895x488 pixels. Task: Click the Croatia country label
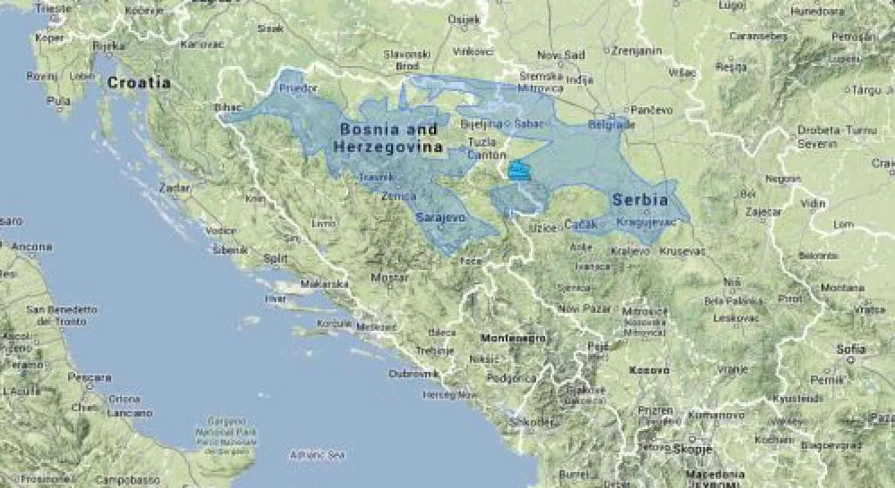[139, 83]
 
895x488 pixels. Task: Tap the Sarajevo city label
[440, 218]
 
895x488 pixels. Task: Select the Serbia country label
[640, 200]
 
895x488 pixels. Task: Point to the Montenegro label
[513, 338]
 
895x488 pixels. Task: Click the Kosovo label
[649, 370]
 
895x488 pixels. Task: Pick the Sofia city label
[851, 350]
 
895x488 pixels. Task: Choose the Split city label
[275, 259]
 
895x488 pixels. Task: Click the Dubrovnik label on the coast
[413, 373]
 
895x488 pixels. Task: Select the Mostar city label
[390, 278]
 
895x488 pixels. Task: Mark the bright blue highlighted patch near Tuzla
[520, 171]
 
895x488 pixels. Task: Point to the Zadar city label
[176, 188]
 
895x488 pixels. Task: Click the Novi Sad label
[561, 55]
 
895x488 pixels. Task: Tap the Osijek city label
[464, 20]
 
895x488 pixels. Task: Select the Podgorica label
[511, 378]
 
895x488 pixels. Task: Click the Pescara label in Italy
[90, 378]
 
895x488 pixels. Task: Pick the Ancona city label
[31, 247]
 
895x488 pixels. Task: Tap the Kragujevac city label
[646, 223]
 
